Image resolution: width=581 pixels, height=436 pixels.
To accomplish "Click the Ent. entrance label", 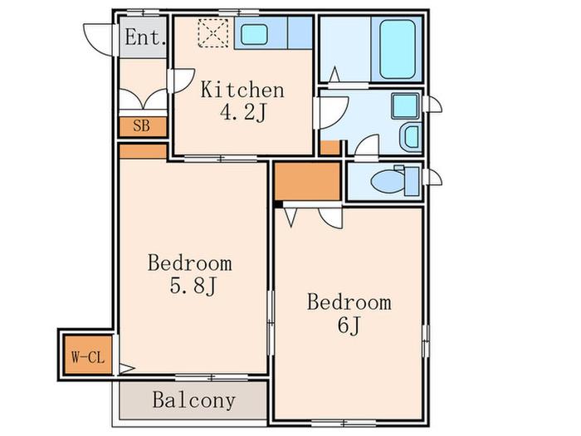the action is tap(145, 37).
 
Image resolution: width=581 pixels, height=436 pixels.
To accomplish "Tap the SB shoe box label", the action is tap(142, 126).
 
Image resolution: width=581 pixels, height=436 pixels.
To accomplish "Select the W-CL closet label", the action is tap(88, 357).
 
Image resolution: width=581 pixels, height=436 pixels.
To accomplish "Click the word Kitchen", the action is tap(242, 90).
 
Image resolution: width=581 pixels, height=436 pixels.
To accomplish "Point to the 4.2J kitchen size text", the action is tap(242, 113).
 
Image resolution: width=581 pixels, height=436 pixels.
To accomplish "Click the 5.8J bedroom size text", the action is tap(193, 286).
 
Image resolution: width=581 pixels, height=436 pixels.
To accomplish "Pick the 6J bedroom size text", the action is tap(349, 326).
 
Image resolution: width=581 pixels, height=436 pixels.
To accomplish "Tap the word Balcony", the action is tap(194, 400).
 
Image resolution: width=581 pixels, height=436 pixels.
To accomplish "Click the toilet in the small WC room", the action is tap(394, 181).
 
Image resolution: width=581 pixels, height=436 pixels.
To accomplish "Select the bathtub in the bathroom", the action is tap(398, 49).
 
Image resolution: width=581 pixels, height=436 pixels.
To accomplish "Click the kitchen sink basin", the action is tap(254, 34).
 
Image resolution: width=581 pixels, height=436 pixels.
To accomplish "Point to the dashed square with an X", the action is tap(213, 33).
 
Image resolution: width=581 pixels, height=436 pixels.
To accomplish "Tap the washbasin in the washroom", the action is tap(411, 136).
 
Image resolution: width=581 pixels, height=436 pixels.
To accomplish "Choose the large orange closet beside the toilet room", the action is tap(307, 181).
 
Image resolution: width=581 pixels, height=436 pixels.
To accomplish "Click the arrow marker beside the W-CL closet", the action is tap(127, 369).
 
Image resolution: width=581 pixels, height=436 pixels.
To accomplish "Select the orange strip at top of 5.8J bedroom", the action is tap(143, 151).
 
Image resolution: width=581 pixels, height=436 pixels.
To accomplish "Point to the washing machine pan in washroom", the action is tap(405, 106).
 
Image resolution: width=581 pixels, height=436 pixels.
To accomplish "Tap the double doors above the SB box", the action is tap(143, 100).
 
